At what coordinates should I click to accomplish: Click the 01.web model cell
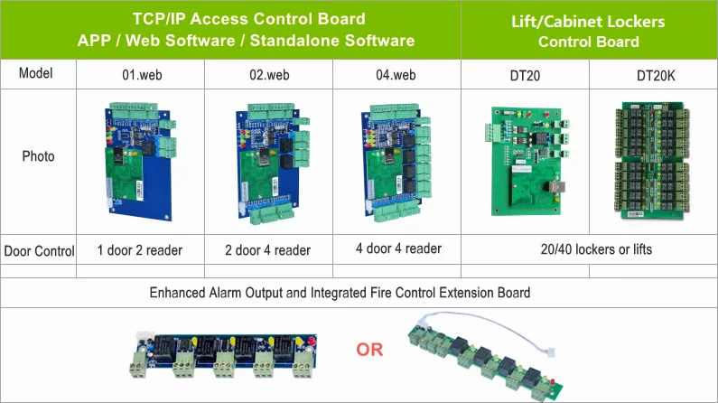point(142,75)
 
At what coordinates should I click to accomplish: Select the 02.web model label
point(269,75)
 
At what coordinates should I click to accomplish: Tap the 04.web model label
point(396,75)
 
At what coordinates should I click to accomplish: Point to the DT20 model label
point(525,76)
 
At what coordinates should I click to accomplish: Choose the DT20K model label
point(656,76)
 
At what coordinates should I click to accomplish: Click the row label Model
point(36,73)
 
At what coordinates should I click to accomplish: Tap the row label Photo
point(39,156)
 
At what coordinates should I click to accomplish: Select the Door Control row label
point(39,251)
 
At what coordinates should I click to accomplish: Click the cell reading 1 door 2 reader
point(140,250)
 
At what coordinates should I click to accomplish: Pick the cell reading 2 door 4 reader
point(268,250)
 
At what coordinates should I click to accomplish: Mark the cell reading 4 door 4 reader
point(399,248)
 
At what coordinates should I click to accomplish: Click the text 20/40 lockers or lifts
point(596,249)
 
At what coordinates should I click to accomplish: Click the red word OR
point(369,350)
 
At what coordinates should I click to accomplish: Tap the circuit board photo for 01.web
point(141,161)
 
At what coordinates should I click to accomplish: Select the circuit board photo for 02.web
point(272,164)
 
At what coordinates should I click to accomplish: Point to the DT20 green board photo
point(527,161)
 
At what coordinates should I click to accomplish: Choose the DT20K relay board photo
point(652,161)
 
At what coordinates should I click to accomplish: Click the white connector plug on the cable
point(551,351)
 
